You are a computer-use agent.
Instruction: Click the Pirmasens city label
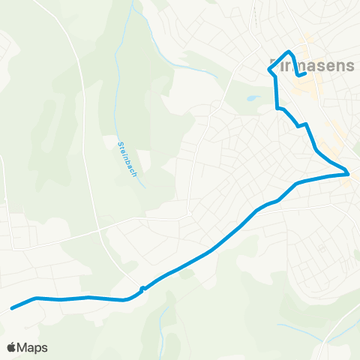(x=311, y=65)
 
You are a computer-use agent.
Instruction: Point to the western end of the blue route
(x=11, y=307)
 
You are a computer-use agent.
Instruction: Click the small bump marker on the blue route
(x=142, y=289)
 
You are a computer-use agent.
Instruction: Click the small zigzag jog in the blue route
(x=304, y=124)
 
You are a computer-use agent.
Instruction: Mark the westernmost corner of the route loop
(x=269, y=69)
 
